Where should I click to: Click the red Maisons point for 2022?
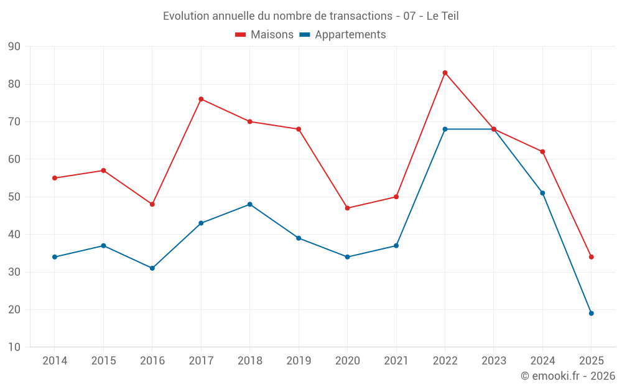(445, 73)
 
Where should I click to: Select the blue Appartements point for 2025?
(591, 313)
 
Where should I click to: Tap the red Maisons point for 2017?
(201, 99)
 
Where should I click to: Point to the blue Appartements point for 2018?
(249, 204)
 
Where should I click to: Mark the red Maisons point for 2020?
(347, 208)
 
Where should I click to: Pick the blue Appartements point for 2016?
(152, 268)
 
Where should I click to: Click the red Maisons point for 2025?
(591, 257)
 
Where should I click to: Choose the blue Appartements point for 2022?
(445, 129)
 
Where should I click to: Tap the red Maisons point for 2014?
(55, 178)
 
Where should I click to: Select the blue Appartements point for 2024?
(542, 193)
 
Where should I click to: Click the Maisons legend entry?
(264, 35)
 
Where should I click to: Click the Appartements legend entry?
(343, 35)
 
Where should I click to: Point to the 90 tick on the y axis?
(14, 47)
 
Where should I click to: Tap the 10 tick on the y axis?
(14, 347)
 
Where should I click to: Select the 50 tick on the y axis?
(14, 197)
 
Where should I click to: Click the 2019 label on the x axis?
(299, 361)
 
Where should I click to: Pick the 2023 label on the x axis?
(493, 361)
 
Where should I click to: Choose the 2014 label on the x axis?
(55, 361)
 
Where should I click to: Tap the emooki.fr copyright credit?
(568, 376)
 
